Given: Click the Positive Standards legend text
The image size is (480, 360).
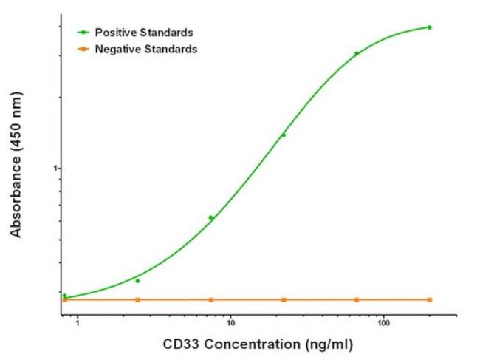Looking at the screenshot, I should click(144, 33).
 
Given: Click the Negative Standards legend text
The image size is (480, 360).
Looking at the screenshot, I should click(146, 50).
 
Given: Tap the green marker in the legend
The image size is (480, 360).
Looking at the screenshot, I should click(84, 33).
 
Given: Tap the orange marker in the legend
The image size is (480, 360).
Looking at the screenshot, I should click(84, 50).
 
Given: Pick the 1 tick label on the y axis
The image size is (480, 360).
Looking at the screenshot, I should click(55, 169).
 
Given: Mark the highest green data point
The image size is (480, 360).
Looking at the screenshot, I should click(430, 27).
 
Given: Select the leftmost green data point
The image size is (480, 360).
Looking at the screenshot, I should click(64, 296).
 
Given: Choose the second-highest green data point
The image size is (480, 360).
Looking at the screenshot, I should click(356, 53).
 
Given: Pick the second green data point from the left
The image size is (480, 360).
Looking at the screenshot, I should click(137, 281).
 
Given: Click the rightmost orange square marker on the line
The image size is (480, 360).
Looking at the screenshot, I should click(430, 299).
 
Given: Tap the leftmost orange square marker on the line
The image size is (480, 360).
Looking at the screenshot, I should click(65, 299).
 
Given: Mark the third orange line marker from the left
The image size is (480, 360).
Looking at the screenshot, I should click(210, 299).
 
